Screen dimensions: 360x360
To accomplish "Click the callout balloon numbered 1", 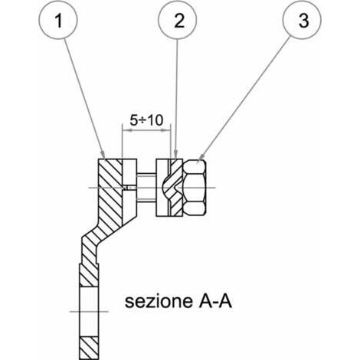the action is click(58, 20).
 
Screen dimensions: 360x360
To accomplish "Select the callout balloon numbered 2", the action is click(177, 20).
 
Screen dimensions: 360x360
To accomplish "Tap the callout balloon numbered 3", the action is click(302, 20).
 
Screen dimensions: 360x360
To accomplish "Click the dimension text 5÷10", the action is click(146, 120).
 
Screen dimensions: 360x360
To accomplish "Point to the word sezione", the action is click(159, 301).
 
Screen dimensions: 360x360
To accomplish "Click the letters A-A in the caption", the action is click(215, 301).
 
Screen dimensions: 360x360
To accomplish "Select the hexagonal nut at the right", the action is click(195, 188).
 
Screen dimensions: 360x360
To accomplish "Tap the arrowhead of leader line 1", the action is click(103, 155).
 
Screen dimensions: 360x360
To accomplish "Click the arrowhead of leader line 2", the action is click(175, 155).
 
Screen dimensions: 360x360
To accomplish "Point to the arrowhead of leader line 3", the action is click(201, 156).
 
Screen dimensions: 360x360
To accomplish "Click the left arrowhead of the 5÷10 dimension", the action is click(127, 130).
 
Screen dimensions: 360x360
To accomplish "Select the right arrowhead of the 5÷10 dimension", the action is click(165, 130).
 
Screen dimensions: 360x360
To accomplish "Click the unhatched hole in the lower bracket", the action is click(89, 312).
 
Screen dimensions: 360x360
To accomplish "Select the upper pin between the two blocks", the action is click(146, 175).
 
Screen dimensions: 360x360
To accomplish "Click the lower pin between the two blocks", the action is click(146, 201).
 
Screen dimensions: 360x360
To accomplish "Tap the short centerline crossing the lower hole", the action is click(89, 312).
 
